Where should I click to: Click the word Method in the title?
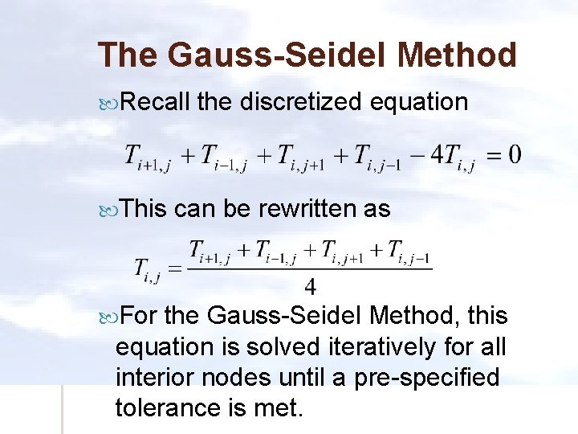[x=457, y=55]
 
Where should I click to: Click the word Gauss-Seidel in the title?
[x=272, y=55]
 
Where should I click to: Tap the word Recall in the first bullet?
[x=156, y=102]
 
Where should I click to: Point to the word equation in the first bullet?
[x=420, y=102]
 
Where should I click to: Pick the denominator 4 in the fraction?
[x=310, y=285]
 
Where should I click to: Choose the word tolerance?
[x=164, y=407]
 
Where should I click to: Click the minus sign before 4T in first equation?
[x=416, y=153]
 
